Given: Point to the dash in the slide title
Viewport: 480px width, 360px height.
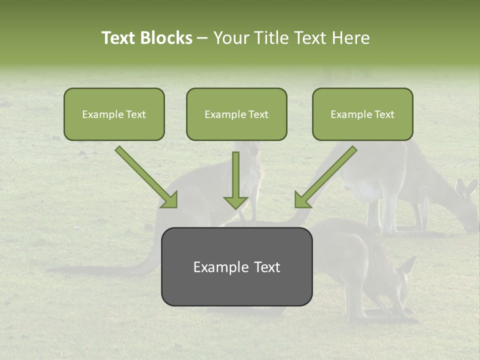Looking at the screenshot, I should pos(202,38).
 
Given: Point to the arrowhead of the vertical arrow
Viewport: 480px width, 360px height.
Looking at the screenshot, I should pos(235,202).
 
